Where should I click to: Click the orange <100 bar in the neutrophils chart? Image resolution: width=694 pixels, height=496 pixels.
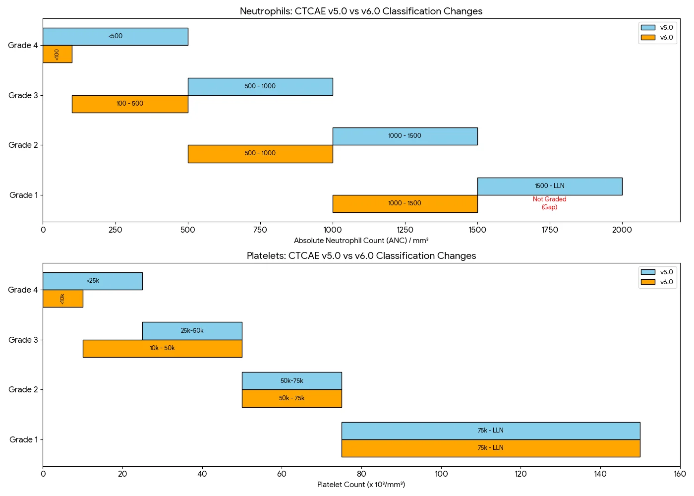[x=57, y=54]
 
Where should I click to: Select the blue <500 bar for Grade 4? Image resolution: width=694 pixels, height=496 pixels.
[x=115, y=37]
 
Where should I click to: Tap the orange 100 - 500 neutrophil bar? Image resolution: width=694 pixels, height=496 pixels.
[x=130, y=104]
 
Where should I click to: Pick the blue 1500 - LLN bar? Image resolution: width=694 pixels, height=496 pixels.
[x=549, y=186]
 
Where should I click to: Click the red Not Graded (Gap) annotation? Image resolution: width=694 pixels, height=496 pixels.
[x=549, y=203]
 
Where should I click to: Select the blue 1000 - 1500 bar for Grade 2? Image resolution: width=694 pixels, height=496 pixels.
[x=405, y=136]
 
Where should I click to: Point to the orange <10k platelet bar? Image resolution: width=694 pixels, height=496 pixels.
[x=62, y=299]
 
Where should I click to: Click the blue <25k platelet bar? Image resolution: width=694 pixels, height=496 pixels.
[x=93, y=281]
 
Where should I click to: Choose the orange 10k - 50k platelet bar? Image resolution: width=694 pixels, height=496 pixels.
[x=162, y=349]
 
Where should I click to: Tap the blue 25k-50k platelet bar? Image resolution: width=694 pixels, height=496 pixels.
[x=192, y=331]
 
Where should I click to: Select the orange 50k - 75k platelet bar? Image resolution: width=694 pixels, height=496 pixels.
[x=291, y=398]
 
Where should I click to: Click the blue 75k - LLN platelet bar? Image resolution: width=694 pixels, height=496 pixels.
[x=490, y=431]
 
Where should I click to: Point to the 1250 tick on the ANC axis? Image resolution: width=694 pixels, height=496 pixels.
[x=405, y=230]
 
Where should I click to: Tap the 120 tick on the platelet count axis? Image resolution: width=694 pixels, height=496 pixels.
[x=520, y=474]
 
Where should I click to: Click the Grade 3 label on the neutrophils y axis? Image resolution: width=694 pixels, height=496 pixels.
[x=23, y=95]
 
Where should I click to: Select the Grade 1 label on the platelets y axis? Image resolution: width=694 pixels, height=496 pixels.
[x=23, y=439]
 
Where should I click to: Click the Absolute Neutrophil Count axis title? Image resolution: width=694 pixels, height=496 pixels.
[x=361, y=241]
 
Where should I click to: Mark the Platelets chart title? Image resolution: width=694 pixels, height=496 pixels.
[x=361, y=255]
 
